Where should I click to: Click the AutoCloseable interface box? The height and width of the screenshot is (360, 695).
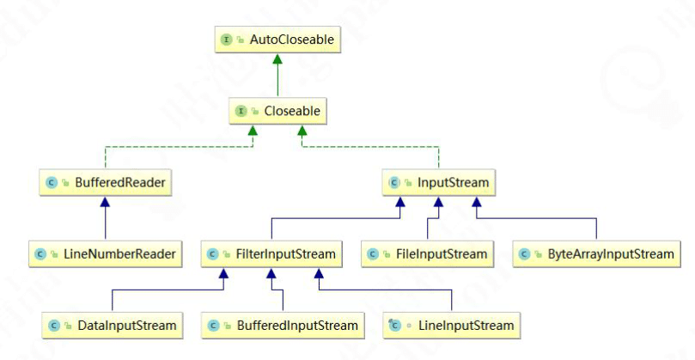(x=275, y=40)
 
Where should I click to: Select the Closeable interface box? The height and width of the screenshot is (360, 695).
(x=275, y=111)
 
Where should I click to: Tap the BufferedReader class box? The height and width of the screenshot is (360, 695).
(x=105, y=182)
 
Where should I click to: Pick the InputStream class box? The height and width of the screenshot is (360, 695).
(x=439, y=182)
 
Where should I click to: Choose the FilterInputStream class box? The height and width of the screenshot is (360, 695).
(x=272, y=253)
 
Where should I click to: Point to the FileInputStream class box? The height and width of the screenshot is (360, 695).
(x=427, y=253)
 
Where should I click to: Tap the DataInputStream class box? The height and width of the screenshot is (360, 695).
(x=113, y=326)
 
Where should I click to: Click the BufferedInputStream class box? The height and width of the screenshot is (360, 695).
(x=283, y=326)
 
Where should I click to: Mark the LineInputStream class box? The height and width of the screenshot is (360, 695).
(x=450, y=326)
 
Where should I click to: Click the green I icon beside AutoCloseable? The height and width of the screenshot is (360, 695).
(x=227, y=40)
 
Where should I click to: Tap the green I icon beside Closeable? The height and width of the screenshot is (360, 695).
(x=241, y=111)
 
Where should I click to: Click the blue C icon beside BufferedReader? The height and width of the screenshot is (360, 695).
(x=52, y=182)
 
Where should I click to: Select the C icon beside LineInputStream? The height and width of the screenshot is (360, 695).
(x=393, y=326)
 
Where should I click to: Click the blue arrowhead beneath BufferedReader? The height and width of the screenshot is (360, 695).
(x=105, y=202)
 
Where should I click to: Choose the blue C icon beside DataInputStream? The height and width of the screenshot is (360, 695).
(x=53, y=326)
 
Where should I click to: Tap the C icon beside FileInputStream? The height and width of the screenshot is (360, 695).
(x=372, y=253)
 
